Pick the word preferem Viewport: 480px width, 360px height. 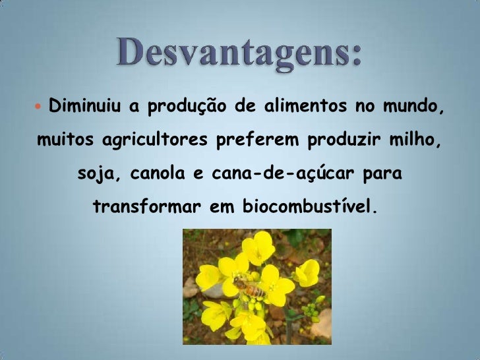[x=249, y=141]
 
